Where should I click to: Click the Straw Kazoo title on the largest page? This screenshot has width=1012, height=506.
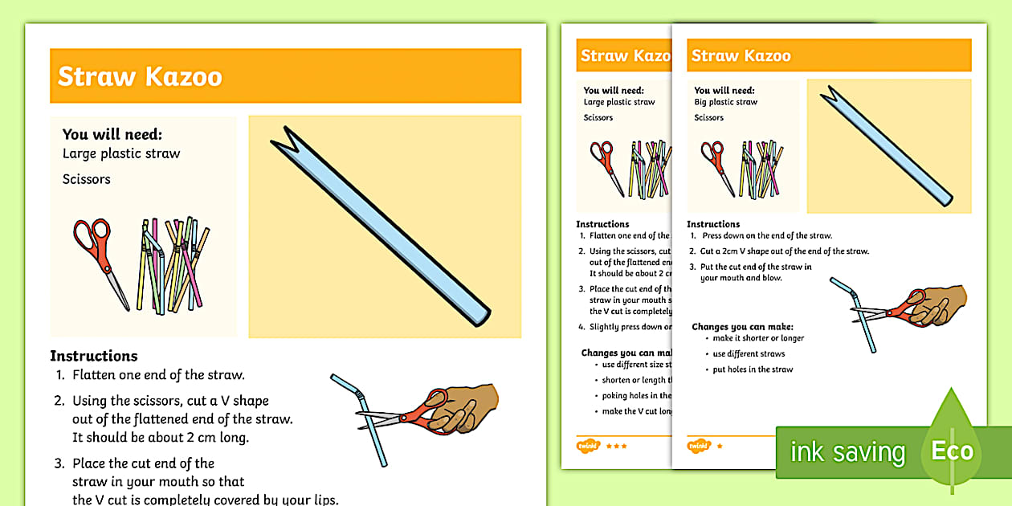[x=140, y=77]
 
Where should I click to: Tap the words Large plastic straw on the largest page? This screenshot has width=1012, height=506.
[x=121, y=153]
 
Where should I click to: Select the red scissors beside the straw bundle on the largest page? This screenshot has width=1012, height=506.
[x=100, y=257]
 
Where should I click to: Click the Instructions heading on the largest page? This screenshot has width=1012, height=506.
[x=94, y=356]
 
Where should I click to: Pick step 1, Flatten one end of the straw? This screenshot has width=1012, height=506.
[x=157, y=375]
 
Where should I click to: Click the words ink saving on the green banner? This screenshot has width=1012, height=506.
[x=847, y=452]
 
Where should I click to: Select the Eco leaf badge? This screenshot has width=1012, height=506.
[x=952, y=450]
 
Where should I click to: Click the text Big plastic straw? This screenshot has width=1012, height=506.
[x=726, y=103]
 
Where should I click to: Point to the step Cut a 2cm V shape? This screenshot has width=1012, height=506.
[x=785, y=251]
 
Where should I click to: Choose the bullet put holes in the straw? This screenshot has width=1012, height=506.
[x=753, y=369]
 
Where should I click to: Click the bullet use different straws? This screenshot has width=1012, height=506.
[x=749, y=354]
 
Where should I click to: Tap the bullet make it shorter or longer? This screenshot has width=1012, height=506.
[x=758, y=338]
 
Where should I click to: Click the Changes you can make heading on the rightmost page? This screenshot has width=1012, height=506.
[x=742, y=327]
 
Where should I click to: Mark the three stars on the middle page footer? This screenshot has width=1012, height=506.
[x=616, y=446]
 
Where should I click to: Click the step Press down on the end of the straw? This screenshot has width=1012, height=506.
[x=766, y=236]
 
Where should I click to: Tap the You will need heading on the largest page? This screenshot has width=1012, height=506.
[x=112, y=135]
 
